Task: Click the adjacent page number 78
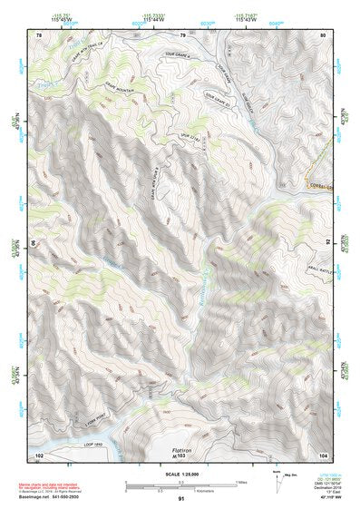coord(39,34)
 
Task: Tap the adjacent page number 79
coord(182,34)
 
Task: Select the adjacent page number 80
coord(323,34)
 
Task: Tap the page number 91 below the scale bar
coord(181,499)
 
